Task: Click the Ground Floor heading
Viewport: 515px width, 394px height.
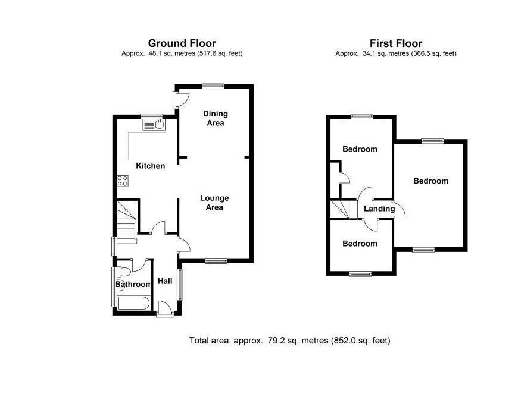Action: pyautogui.click(x=182, y=43)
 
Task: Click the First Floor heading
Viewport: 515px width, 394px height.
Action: pyautogui.click(x=395, y=43)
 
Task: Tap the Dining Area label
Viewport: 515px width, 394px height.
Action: pyautogui.click(x=215, y=118)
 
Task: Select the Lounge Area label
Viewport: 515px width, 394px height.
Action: pyautogui.click(x=214, y=203)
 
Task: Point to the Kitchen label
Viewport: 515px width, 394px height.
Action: pyautogui.click(x=150, y=166)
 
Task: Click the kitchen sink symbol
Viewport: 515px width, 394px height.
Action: pyautogui.click(x=159, y=125)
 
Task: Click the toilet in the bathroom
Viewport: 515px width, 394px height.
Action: pyautogui.click(x=123, y=272)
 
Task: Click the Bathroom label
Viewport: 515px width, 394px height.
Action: pyautogui.click(x=133, y=285)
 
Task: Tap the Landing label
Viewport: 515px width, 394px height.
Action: pyautogui.click(x=379, y=209)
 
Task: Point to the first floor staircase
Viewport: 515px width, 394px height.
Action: pyautogui.click(x=340, y=209)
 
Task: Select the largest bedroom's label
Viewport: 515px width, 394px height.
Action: pyautogui.click(x=430, y=181)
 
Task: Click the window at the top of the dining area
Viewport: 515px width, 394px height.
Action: pyautogui.click(x=213, y=86)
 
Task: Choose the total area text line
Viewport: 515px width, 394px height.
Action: pyautogui.click(x=289, y=341)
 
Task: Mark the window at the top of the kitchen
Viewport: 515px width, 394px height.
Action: pyautogui.click(x=151, y=115)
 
